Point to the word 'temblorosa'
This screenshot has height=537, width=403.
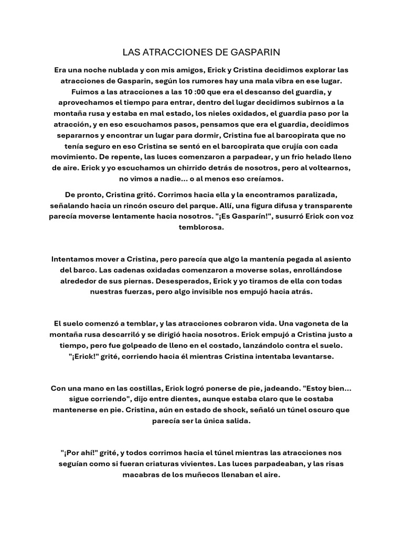pyautogui.click(x=201, y=228)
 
